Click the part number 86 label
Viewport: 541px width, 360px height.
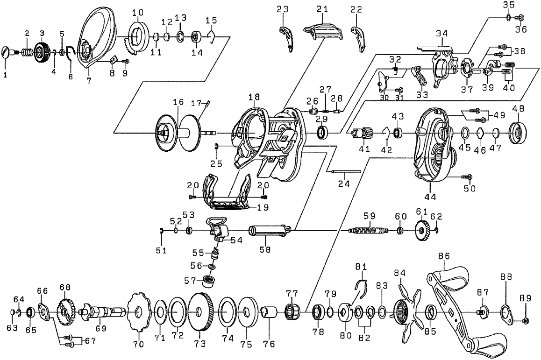(x=444, y=256)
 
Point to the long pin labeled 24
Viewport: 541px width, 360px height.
(x=346, y=171)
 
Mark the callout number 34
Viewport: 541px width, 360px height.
(x=441, y=34)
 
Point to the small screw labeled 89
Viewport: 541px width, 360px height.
(x=527, y=321)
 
